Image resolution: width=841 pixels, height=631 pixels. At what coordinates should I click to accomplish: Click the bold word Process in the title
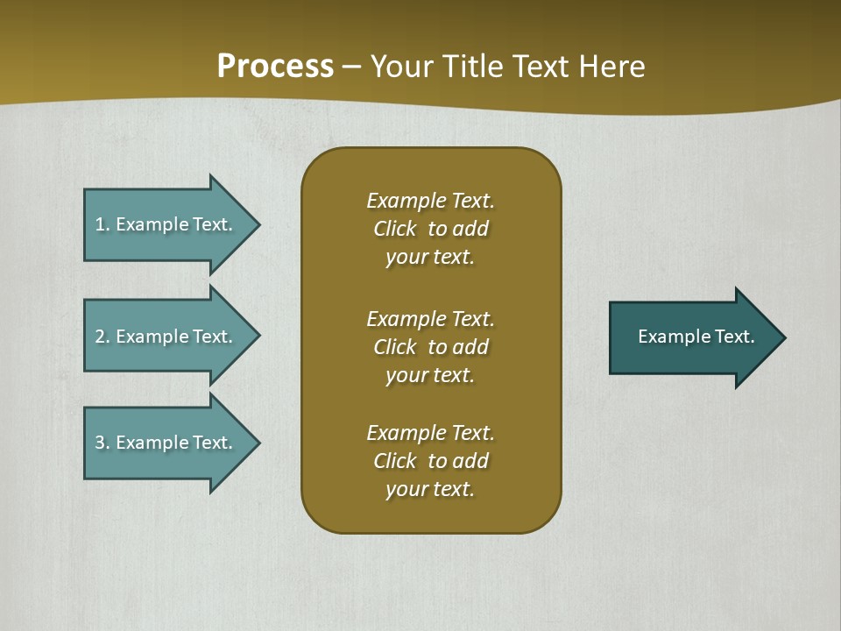click(x=275, y=67)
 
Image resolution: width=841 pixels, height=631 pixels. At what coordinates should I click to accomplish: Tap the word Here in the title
click(x=612, y=67)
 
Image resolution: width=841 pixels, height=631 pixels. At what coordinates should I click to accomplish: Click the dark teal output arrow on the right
click(x=692, y=337)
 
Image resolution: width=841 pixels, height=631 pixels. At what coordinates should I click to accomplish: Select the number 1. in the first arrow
click(x=102, y=224)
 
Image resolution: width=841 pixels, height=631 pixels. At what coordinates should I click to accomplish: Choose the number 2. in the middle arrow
click(x=102, y=337)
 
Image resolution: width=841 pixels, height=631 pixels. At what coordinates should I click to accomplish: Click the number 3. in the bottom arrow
click(x=102, y=443)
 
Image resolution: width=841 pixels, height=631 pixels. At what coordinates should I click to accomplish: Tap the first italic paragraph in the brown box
click(x=430, y=229)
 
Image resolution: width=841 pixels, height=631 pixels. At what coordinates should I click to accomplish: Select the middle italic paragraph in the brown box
click(x=430, y=347)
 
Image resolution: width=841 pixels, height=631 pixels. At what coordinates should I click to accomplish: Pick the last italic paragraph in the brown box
click(x=430, y=461)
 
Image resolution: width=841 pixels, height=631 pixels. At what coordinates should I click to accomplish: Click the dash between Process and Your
click(x=352, y=67)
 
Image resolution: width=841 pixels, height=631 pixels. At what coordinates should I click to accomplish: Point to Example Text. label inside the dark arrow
click(x=696, y=337)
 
